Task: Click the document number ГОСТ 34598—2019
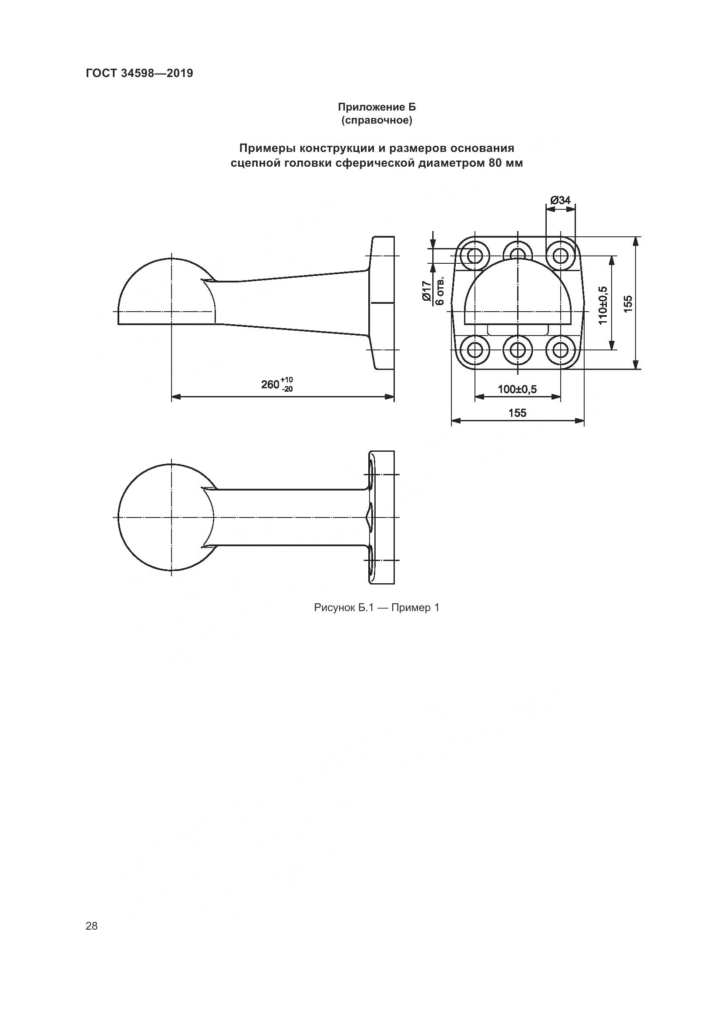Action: pos(139,73)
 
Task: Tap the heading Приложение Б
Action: pos(377,107)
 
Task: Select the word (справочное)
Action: pos(377,121)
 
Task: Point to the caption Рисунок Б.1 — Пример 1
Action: pos(377,608)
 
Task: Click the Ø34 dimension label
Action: pos(560,200)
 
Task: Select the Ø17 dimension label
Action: pos(427,291)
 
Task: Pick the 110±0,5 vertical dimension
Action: pos(602,305)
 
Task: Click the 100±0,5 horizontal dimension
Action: pos(517,389)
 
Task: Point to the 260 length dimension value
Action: pos(270,384)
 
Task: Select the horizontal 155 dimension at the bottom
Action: pos(518,413)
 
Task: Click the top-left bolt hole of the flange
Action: pos(474,255)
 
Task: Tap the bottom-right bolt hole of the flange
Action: pos(560,350)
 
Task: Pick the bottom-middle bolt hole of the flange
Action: pos(518,350)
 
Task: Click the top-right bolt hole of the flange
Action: pos(560,255)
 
